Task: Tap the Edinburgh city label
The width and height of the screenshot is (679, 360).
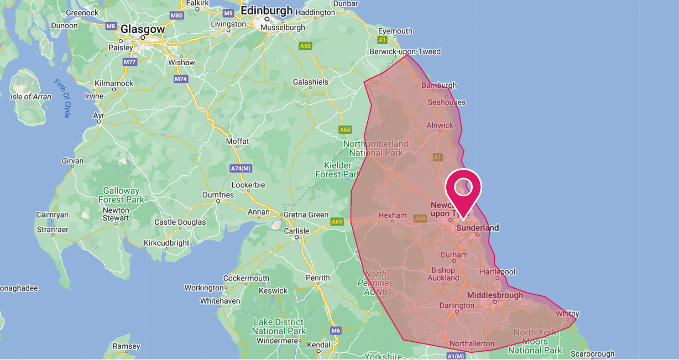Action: coord(267,11)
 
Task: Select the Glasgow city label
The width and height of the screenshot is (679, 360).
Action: coord(143,29)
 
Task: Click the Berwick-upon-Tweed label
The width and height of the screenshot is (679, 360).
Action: coord(405,52)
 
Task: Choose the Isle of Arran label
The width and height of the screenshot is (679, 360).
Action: coord(31,97)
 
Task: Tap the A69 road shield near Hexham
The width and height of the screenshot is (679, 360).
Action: coord(421,219)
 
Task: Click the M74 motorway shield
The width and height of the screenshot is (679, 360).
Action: coord(181,79)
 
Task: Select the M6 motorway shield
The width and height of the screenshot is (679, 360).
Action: coord(336,331)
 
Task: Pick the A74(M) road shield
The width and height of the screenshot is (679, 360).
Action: coord(241,168)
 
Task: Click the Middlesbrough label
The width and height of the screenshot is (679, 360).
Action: coord(495,295)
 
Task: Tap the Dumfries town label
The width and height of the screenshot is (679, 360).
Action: coord(218,195)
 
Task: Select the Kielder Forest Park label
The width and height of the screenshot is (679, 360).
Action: coord(337,170)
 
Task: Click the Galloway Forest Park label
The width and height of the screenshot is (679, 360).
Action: coord(122,195)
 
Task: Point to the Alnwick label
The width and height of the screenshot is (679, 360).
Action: coord(440,126)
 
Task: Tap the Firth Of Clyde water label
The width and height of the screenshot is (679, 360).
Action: coord(62,98)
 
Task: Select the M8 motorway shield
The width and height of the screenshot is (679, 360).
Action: coord(111,26)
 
